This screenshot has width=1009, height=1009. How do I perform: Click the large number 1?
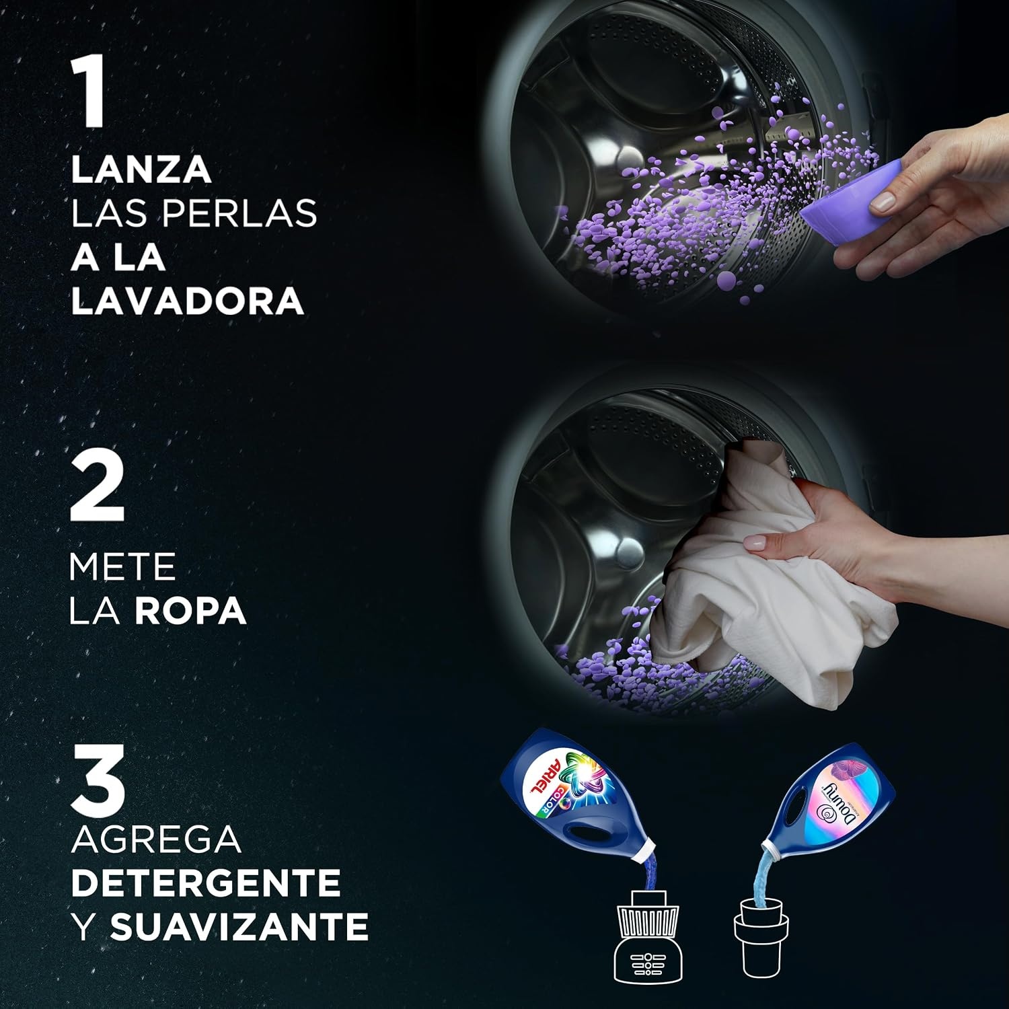(x=88, y=92)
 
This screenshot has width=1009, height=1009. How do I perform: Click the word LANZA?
(x=141, y=170)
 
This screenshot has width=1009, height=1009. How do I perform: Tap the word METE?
(x=122, y=567)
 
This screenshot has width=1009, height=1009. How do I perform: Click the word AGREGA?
(x=156, y=839)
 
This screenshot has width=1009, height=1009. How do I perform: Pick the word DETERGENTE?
(x=205, y=883)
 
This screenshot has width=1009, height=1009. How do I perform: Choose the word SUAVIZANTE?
(x=239, y=926)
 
